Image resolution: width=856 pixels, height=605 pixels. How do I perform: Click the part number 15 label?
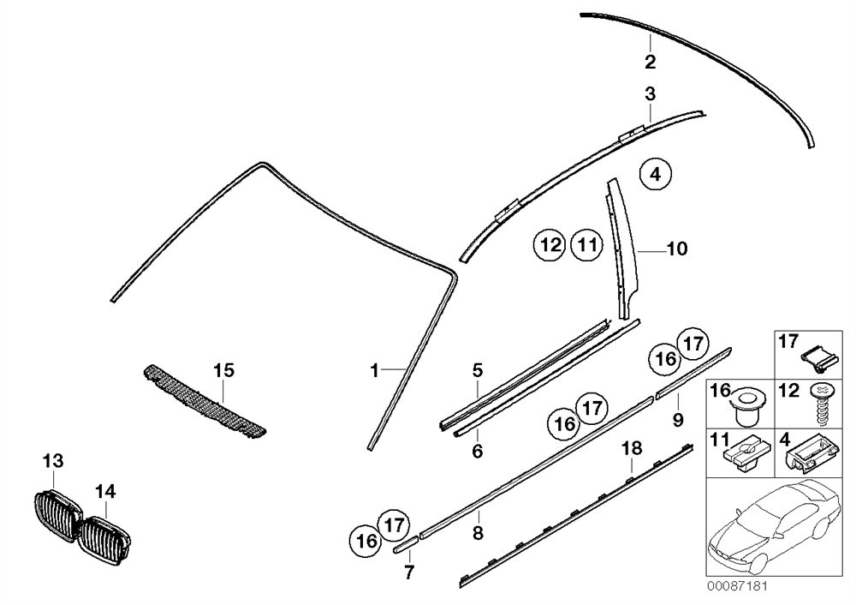223,371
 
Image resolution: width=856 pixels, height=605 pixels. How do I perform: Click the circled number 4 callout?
655,175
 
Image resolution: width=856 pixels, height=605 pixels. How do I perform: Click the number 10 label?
675,249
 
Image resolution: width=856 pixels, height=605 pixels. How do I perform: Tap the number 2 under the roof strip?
651,62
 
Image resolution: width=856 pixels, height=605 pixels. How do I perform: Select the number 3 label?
651,93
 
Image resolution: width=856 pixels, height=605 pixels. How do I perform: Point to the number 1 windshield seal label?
374,370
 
